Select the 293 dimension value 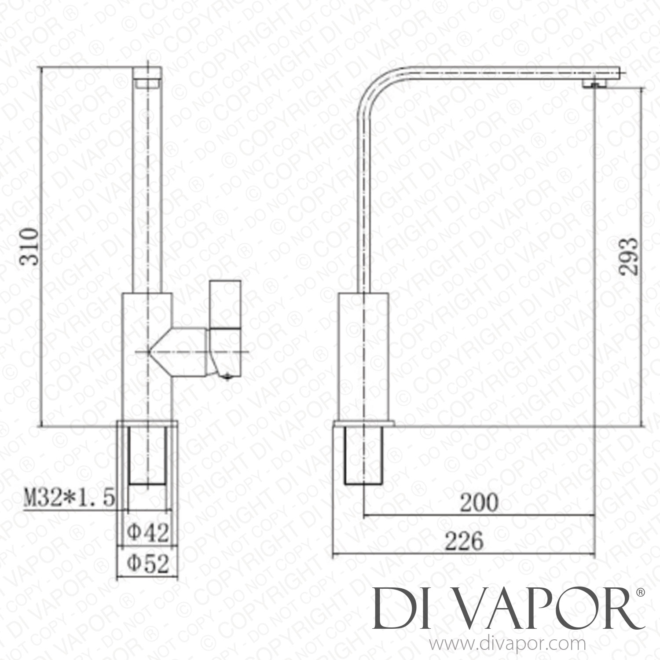(x=628, y=256)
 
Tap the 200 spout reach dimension (x=479, y=503)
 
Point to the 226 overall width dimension (x=464, y=542)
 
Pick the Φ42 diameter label (x=148, y=533)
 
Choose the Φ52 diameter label (x=148, y=564)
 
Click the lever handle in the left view (x=225, y=304)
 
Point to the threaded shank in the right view (x=364, y=455)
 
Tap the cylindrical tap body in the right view (x=364, y=356)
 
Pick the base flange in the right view (x=364, y=424)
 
